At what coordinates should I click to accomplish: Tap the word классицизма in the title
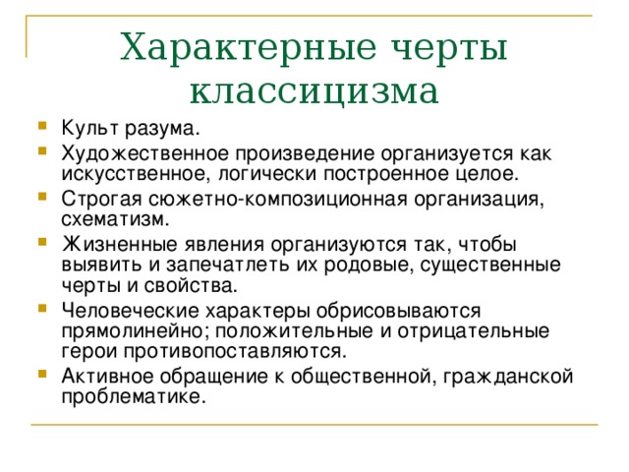pos(314,91)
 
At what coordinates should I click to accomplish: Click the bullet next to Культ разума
pos(42,126)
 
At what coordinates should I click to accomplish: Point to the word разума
pos(162,129)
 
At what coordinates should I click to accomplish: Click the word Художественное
pos(144,154)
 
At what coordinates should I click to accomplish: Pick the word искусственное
pos(136,174)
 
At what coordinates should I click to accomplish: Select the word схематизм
pos(116,219)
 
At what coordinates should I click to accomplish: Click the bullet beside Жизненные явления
pos(42,242)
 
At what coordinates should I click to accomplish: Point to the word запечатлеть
pos(227,265)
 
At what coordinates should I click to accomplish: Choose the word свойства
pos(191,286)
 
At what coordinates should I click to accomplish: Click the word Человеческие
pos(131,311)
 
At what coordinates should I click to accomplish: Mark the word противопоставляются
pos(235,352)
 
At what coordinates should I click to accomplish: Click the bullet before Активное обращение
pos(42,374)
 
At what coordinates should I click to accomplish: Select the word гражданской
pos(508,377)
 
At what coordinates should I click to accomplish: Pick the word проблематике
pos(134,397)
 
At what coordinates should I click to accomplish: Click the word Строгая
pos(101,200)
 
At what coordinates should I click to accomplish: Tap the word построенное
pos(386,174)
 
